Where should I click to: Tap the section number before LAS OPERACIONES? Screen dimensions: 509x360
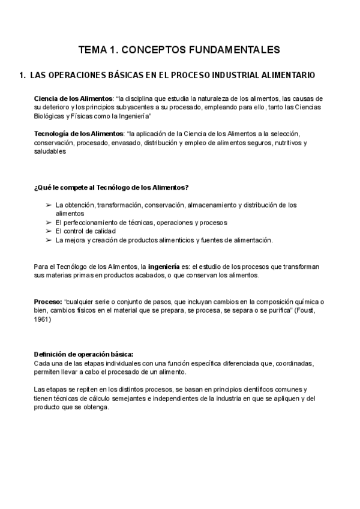[x=22, y=76]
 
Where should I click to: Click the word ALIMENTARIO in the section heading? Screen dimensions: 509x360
[x=284, y=76]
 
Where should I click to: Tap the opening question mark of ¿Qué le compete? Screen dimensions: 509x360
[x=36, y=187]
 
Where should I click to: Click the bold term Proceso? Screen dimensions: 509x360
[x=48, y=301]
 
